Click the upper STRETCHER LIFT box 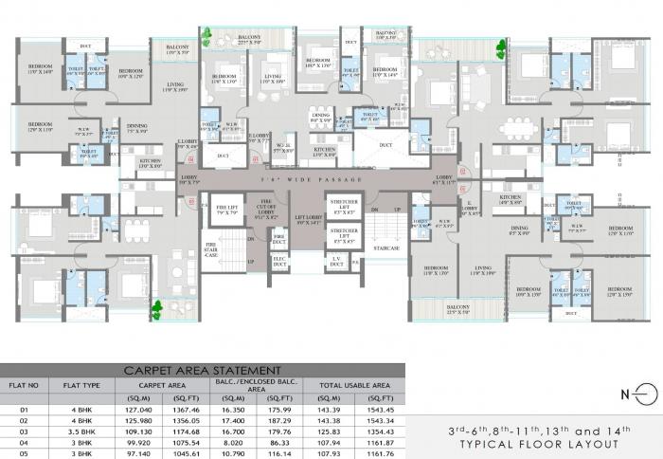coord(342,207)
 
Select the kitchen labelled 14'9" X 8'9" coord(510,200)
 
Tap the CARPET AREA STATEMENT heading coord(202,370)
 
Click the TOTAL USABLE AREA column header coord(354,386)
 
